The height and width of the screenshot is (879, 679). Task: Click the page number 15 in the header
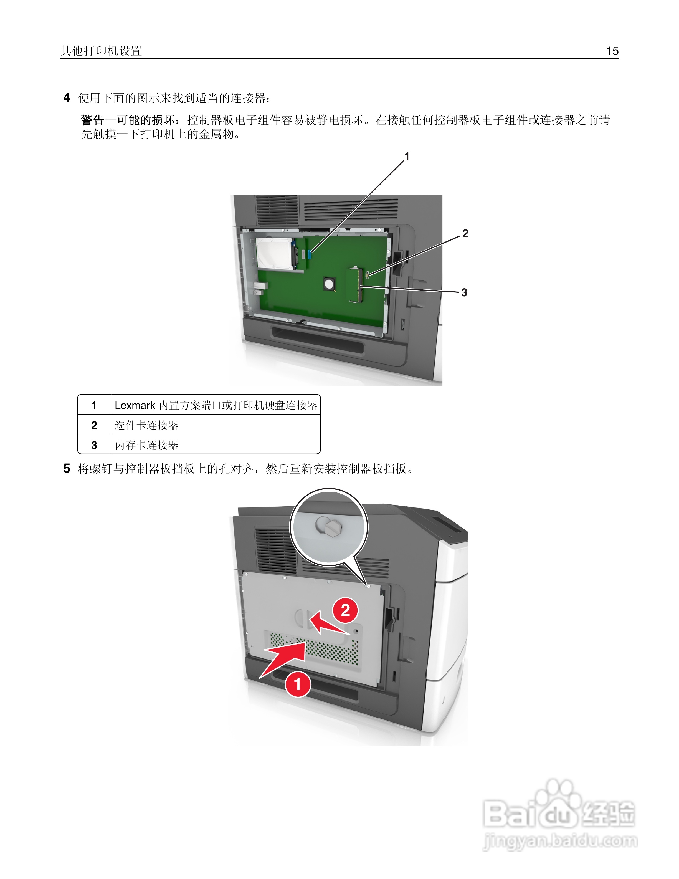(x=612, y=51)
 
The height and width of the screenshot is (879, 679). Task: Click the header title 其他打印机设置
(x=101, y=51)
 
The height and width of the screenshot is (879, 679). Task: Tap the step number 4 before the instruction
(x=67, y=98)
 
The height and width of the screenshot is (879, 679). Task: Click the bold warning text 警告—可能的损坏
(x=128, y=120)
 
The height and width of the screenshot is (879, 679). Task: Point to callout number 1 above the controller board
(x=407, y=156)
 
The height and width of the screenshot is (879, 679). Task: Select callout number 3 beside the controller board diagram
(x=464, y=293)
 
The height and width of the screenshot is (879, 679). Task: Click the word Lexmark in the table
(x=135, y=405)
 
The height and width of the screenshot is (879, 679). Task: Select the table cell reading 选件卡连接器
(x=146, y=425)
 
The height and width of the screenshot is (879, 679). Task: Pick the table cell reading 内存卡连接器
(x=146, y=445)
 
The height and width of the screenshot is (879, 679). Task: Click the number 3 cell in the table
(x=94, y=445)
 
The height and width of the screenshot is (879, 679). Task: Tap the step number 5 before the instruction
(x=67, y=468)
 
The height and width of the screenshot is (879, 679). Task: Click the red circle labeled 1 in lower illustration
(x=298, y=684)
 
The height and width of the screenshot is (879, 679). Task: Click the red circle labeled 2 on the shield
(x=345, y=610)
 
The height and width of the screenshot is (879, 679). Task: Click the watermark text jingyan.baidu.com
(x=560, y=841)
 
